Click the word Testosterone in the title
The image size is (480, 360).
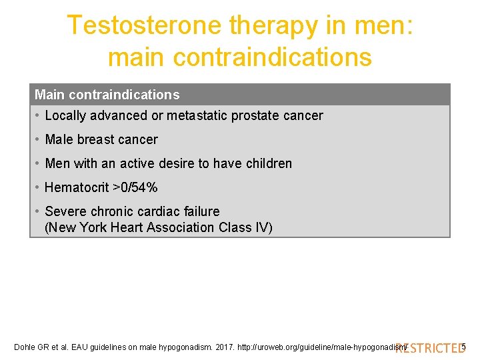pos(144,26)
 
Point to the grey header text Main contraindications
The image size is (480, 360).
pos(107,95)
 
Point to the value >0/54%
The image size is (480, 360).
pos(135,188)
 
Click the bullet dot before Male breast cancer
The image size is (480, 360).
pos(37,140)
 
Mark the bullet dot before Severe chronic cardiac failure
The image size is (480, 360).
pos(37,211)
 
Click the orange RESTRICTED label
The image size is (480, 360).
pos(429,347)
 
